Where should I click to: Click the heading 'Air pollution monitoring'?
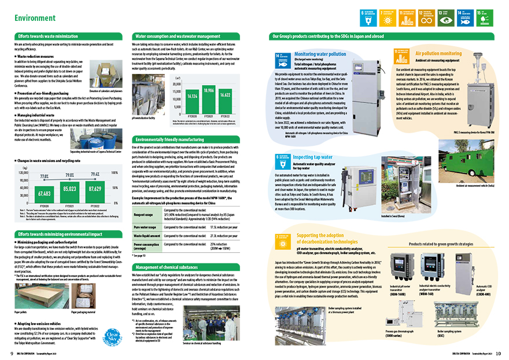pos(438,53)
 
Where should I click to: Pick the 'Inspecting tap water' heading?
pos(312,156)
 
